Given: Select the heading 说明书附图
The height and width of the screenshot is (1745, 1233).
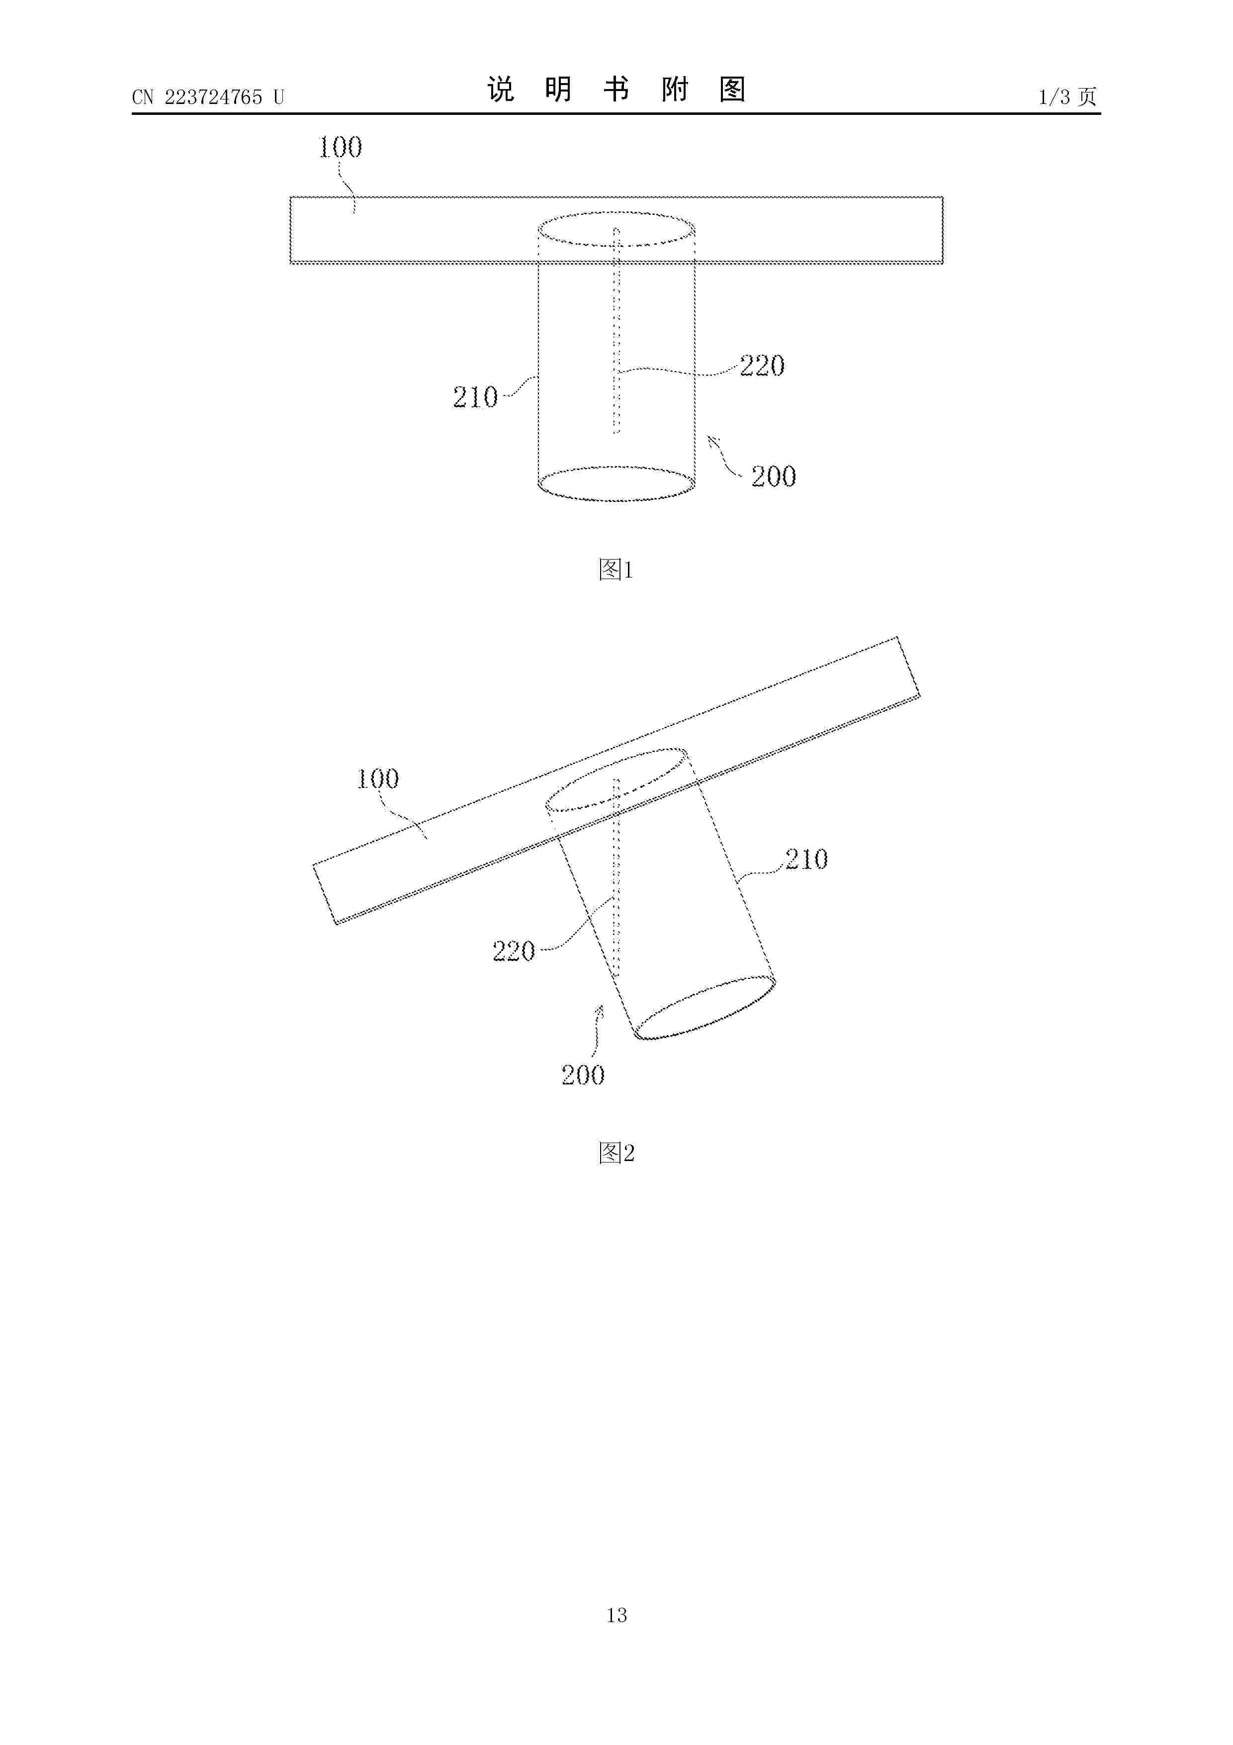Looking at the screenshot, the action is pos(616,90).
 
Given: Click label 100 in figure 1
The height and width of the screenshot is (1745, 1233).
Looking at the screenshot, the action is pos(340,147).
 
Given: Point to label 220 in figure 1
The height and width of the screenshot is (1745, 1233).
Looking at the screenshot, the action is pos(762,366).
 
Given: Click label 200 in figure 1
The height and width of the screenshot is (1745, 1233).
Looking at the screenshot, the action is pos(774,477).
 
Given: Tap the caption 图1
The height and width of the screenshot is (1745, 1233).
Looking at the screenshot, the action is pos(616,569).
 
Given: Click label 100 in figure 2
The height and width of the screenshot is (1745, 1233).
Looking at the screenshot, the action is pos(377,778).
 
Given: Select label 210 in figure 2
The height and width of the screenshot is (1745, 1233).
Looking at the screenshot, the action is pos(806,860).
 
